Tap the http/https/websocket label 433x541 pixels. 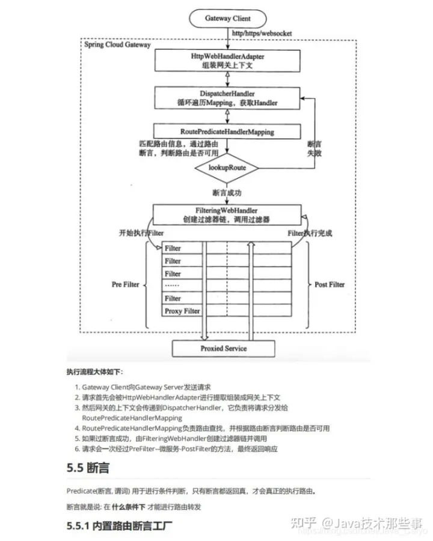(262, 34)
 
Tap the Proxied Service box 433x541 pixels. (223, 348)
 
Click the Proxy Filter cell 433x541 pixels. (182, 311)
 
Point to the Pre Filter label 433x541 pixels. (126, 284)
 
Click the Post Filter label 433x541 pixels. (330, 284)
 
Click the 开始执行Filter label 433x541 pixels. (142, 233)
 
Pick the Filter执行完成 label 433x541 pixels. (310, 233)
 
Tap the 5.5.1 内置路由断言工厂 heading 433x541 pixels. (119, 525)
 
